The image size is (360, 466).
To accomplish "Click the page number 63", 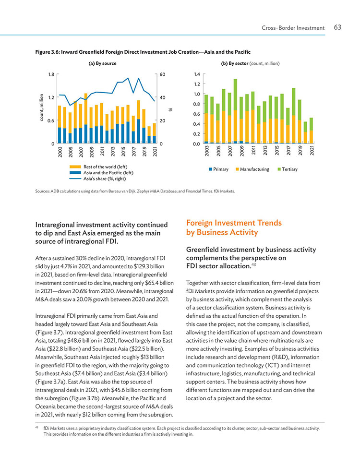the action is (337, 27).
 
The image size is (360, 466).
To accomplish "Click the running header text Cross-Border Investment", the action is (293, 28).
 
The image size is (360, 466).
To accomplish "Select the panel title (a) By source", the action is (102, 63).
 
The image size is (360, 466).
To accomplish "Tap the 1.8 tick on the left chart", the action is (51, 74).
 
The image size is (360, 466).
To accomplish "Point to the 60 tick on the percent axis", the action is (162, 74).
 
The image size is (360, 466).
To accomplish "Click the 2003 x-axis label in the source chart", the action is (60, 151).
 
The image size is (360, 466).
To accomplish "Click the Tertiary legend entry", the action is (287, 169).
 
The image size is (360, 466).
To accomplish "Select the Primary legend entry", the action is (219, 169).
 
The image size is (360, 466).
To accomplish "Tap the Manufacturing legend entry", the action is (252, 169).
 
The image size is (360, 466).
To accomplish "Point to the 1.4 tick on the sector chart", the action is (197, 74).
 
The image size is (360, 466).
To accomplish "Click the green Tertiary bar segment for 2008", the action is (235, 95).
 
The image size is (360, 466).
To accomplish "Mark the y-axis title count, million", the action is (42, 108).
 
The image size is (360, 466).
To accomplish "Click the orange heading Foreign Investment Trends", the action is (234, 223).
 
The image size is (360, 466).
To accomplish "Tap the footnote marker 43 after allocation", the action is (253, 264).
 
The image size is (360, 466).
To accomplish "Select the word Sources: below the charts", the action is (42, 191).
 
